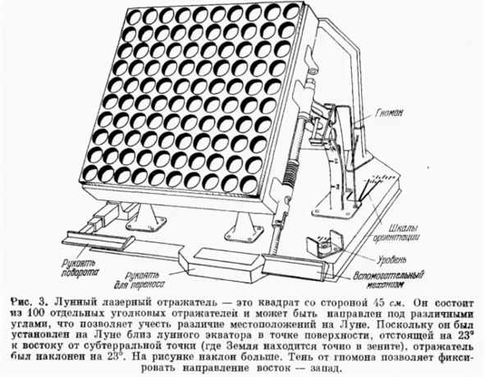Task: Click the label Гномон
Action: tap(389, 113)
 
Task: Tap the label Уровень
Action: tap(391, 260)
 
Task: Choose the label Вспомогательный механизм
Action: tap(388, 279)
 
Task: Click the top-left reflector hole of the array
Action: tap(135, 17)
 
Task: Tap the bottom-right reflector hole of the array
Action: tap(249, 185)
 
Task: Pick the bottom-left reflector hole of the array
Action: tap(91, 173)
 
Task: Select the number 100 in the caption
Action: tap(34, 313)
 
